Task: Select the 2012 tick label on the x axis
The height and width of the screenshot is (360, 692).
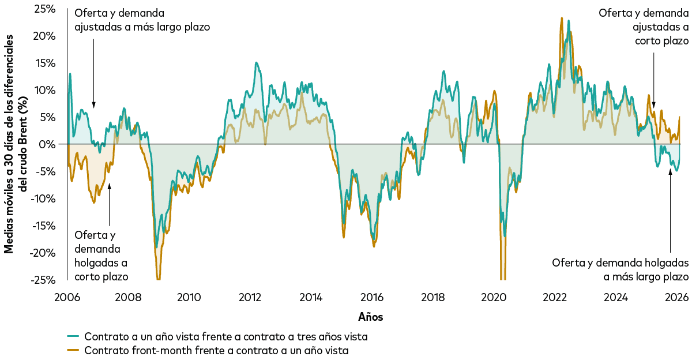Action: (250, 297)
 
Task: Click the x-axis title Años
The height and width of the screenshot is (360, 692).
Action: (370, 317)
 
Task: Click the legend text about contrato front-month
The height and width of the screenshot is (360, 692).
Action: (216, 350)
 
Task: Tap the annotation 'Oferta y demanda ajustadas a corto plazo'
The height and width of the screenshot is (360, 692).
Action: (644, 27)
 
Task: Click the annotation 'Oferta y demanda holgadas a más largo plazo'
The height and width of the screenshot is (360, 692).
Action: (620, 269)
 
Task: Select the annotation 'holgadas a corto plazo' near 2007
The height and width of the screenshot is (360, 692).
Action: (101, 255)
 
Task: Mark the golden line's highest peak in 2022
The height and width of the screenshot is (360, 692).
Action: (561, 18)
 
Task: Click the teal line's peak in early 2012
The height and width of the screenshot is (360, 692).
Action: (256, 63)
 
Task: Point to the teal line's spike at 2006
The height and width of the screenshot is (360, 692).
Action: (70, 74)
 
